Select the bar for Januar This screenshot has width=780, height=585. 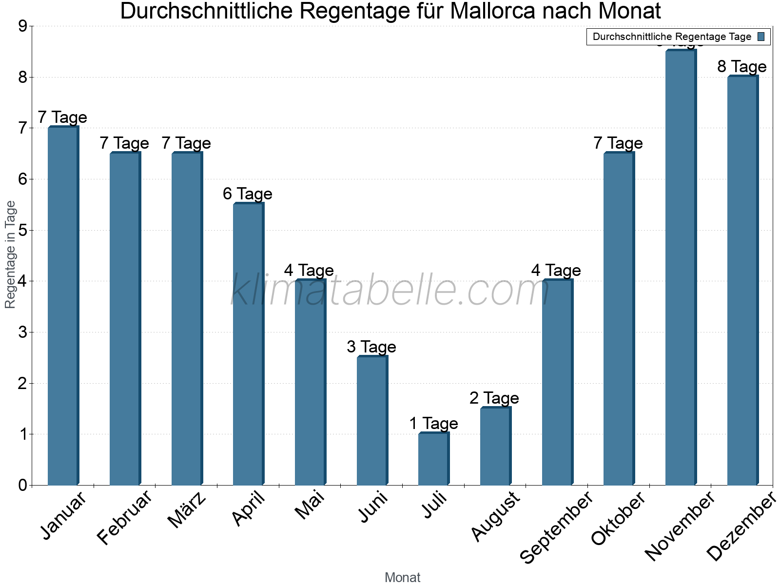pyautogui.click(x=63, y=306)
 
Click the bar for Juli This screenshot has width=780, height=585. pyautogui.click(x=433, y=459)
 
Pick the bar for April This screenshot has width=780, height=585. pyautogui.click(x=248, y=344)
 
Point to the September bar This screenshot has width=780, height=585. pyautogui.click(x=557, y=382)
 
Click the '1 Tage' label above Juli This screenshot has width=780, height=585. pyautogui.click(x=433, y=423)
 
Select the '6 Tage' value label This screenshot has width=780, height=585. pyautogui.click(x=248, y=194)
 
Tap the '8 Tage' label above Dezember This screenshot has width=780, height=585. pyautogui.click(x=742, y=66)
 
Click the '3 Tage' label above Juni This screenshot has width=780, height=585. pyautogui.click(x=371, y=347)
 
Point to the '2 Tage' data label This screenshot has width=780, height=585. pyautogui.click(x=494, y=398)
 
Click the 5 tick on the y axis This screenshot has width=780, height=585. pyautogui.click(x=22, y=230)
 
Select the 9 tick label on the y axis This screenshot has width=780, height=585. pyautogui.click(x=22, y=26)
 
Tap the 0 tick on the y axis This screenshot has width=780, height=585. pyautogui.click(x=22, y=486)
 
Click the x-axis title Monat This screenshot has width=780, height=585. pyautogui.click(x=402, y=577)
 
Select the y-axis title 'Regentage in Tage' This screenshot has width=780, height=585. pyautogui.click(x=10, y=254)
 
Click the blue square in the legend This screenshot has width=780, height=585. pyautogui.click(x=761, y=37)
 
